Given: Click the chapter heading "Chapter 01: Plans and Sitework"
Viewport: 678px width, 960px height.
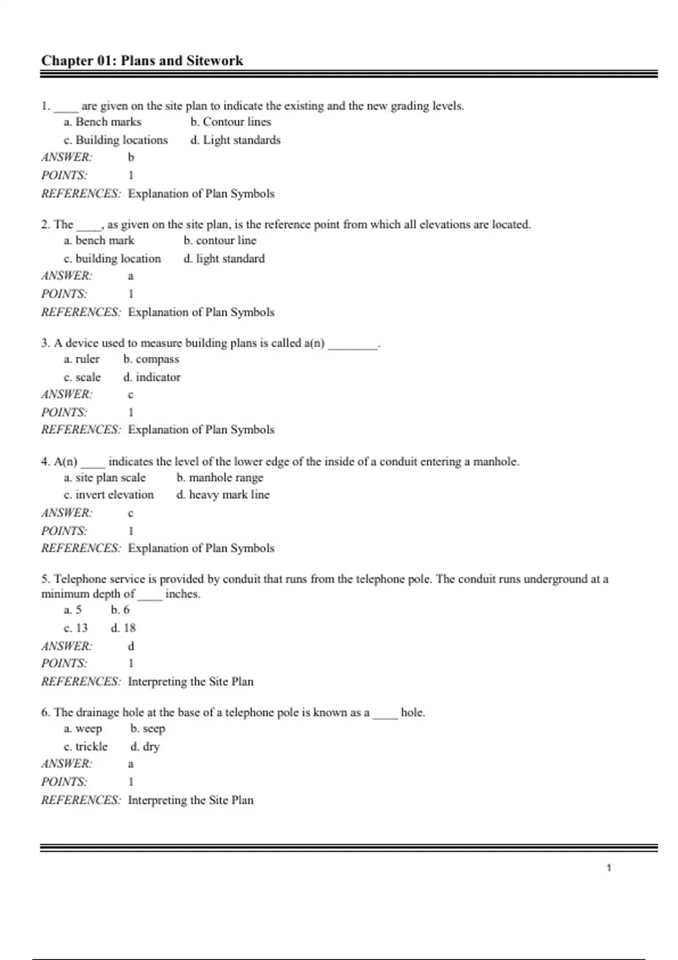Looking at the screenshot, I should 142,60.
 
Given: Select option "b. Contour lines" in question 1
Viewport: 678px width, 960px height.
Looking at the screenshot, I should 231,122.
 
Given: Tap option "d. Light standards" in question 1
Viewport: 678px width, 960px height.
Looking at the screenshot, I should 235,140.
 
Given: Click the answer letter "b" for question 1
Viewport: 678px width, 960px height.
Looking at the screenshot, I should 131,158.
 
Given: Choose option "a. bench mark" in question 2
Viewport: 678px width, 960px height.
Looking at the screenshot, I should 99,241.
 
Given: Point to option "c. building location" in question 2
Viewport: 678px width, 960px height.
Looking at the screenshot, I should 112,259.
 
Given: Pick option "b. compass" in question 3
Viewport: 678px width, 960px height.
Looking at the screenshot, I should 151,359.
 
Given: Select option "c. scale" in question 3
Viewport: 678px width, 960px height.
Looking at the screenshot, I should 82,377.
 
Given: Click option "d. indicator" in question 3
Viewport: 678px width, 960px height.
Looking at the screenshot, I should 151,377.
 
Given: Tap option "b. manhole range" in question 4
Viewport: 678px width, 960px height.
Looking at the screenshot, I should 219,478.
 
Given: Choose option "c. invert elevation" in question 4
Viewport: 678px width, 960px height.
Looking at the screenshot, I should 108,495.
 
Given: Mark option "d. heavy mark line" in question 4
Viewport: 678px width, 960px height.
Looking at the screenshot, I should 223,495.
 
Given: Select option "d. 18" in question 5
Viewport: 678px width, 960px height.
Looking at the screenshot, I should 123,628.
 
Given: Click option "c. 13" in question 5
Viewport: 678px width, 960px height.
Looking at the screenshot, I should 76,628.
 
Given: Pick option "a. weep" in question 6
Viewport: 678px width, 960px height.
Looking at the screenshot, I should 82,728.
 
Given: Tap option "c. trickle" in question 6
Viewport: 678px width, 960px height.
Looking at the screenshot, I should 85,747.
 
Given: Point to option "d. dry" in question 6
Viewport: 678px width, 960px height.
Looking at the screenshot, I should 145,747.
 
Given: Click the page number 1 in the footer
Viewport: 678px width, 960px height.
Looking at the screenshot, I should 609,868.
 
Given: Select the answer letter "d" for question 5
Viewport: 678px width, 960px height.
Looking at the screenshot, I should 131,646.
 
